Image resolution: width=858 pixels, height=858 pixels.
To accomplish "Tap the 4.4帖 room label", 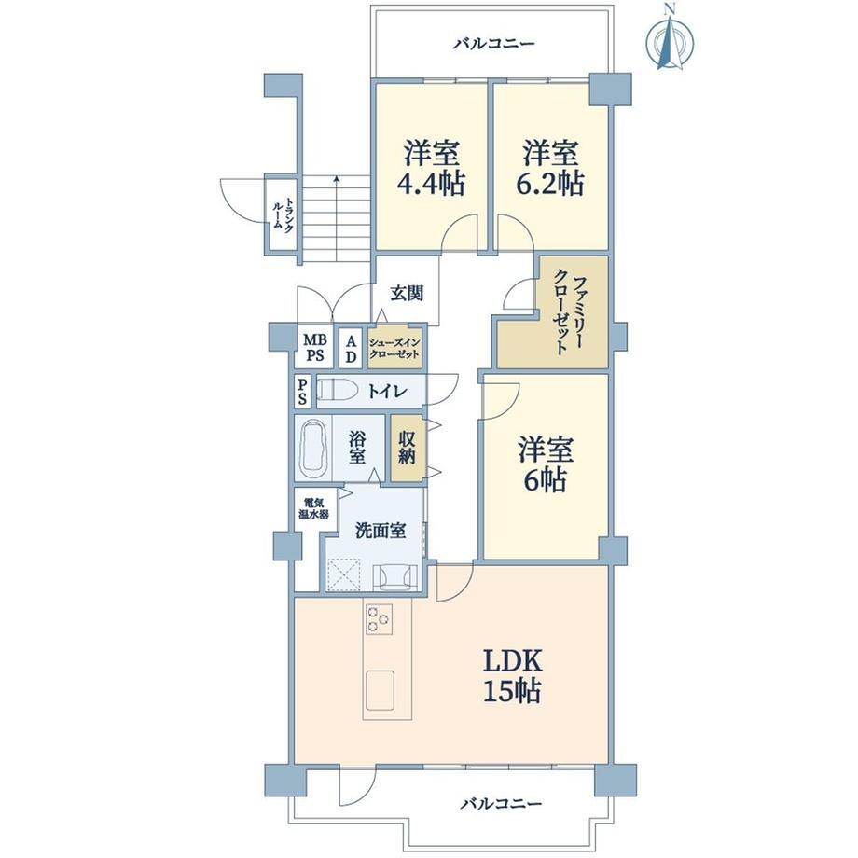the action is [431, 169].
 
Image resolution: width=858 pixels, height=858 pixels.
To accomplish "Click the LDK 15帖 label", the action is [512, 675].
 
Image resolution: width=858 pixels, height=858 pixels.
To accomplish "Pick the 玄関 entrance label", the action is [407, 293].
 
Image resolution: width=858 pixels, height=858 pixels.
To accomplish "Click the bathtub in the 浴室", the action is [313, 446].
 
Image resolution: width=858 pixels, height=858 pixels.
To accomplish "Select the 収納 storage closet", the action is [407, 449].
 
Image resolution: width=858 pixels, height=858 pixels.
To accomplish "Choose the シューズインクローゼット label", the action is [394, 348].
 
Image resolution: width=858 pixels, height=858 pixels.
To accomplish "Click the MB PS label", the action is [314, 348].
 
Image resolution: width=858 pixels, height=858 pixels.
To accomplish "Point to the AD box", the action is [351, 349].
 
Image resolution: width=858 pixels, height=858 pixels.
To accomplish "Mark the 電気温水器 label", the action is [313, 507].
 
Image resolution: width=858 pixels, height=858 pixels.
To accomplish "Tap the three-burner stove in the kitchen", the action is [380, 619].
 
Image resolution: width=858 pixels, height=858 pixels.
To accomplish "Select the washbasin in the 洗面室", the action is [394, 577].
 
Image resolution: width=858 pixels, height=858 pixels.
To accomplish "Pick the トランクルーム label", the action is [283, 215].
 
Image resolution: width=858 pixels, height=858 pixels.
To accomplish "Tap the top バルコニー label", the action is [493, 44].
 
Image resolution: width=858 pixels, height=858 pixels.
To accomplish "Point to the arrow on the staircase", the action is [337, 219].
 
